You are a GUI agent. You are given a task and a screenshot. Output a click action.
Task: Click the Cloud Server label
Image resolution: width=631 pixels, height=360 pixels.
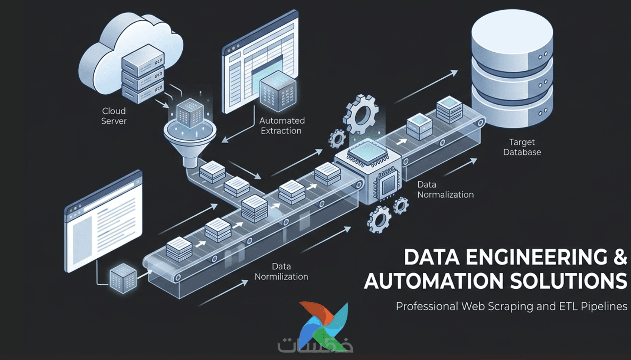click(x=114, y=116)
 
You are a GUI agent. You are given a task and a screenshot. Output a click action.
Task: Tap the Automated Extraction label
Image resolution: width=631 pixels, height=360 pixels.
click(x=282, y=125)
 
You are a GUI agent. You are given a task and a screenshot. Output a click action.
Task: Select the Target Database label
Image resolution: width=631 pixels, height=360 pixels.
click(x=522, y=147)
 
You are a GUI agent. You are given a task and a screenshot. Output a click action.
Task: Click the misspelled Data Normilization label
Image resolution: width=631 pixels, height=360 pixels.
click(x=281, y=271)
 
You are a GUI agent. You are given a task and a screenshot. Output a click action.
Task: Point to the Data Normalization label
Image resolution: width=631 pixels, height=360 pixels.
click(x=445, y=189)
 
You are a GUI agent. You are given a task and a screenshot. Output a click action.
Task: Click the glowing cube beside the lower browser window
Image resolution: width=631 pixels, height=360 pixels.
click(x=123, y=279)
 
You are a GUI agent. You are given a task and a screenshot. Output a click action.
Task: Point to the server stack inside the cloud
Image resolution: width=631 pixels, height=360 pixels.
click(x=143, y=74)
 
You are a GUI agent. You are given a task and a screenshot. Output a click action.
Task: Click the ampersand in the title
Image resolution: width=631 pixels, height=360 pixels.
click(x=619, y=257)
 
